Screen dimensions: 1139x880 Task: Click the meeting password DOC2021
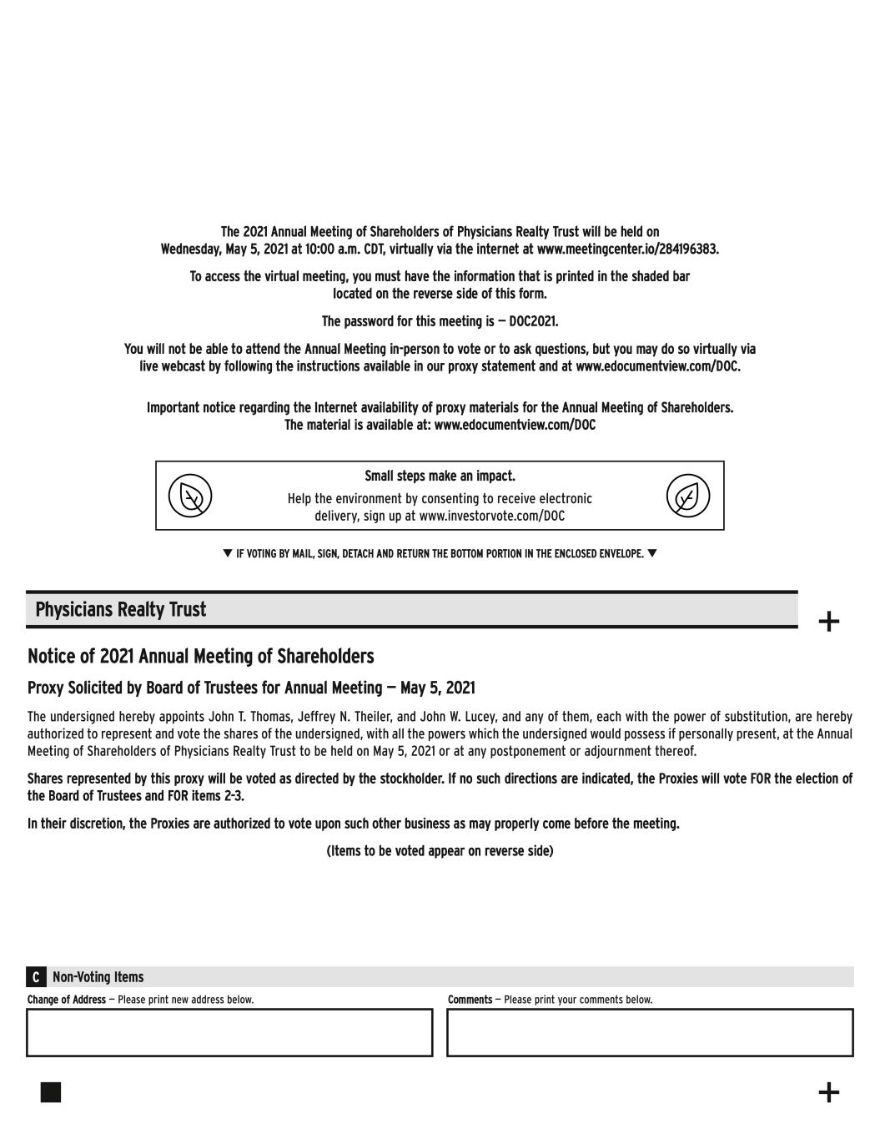pyautogui.click(x=533, y=321)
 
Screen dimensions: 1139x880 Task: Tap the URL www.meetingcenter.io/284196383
pyautogui.click(x=627, y=249)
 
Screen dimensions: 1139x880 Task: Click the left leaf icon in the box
pyautogui.click(x=190, y=496)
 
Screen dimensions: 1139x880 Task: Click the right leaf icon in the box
pyautogui.click(x=687, y=496)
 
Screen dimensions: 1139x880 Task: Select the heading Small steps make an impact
pyautogui.click(x=440, y=476)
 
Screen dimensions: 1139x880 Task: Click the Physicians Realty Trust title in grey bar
pyautogui.click(x=120, y=609)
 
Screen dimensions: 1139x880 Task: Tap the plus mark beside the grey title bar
pyautogui.click(x=828, y=622)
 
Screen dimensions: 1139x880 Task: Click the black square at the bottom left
pyautogui.click(x=51, y=1092)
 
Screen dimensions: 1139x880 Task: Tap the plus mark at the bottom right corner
pyautogui.click(x=828, y=1092)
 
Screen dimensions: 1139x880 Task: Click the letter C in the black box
pyautogui.click(x=36, y=977)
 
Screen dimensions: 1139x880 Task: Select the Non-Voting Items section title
pyautogui.click(x=98, y=977)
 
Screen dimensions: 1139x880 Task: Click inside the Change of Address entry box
pyautogui.click(x=229, y=1032)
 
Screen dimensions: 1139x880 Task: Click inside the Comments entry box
pyautogui.click(x=650, y=1032)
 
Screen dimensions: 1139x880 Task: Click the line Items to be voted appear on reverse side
pyautogui.click(x=440, y=851)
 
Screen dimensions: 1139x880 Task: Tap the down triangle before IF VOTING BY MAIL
pyautogui.click(x=228, y=553)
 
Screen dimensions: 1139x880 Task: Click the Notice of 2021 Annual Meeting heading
pyautogui.click(x=200, y=657)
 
